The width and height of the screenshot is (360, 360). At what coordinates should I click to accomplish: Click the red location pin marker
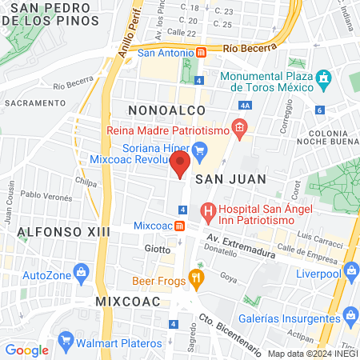tap(180, 165)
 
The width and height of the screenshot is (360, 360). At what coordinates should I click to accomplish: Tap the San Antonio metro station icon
tap(201, 54)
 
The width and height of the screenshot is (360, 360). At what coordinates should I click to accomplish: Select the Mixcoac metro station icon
tap(179, 225)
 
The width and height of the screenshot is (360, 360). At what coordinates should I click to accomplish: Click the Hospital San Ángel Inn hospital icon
tap(209, 212)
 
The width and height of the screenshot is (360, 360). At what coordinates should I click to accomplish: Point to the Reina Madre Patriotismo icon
tap(238, 127)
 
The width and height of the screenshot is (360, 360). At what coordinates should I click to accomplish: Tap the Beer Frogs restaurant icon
tap(195, 279)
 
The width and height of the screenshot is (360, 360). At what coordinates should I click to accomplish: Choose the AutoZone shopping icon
tap(82, 274)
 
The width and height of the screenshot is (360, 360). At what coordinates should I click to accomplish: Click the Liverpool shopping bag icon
tap(350, 272)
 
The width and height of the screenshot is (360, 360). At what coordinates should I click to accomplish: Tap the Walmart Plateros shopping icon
tap(62, 350)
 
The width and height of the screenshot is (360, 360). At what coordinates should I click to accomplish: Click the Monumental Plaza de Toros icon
tap(323, 78)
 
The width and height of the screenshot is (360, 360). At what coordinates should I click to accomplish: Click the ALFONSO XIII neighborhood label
tap(54, 232)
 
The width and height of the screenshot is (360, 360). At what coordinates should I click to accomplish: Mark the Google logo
tap(26, 350)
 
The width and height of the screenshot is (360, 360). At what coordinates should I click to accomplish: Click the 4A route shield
tap(245, 105)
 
